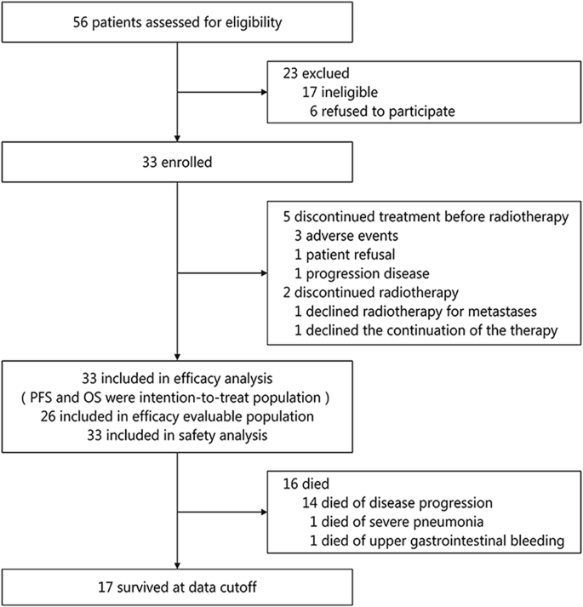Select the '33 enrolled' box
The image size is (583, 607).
(x=176, y=157)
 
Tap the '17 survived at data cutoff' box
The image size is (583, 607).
(x=176, y=587)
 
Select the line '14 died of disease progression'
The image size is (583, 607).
(x=381, y=498)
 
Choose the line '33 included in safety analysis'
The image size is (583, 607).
(x=176, y=435)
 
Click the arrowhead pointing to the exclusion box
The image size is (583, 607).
(x=262, y=90)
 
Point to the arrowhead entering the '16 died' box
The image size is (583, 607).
(x=262, y=513)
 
